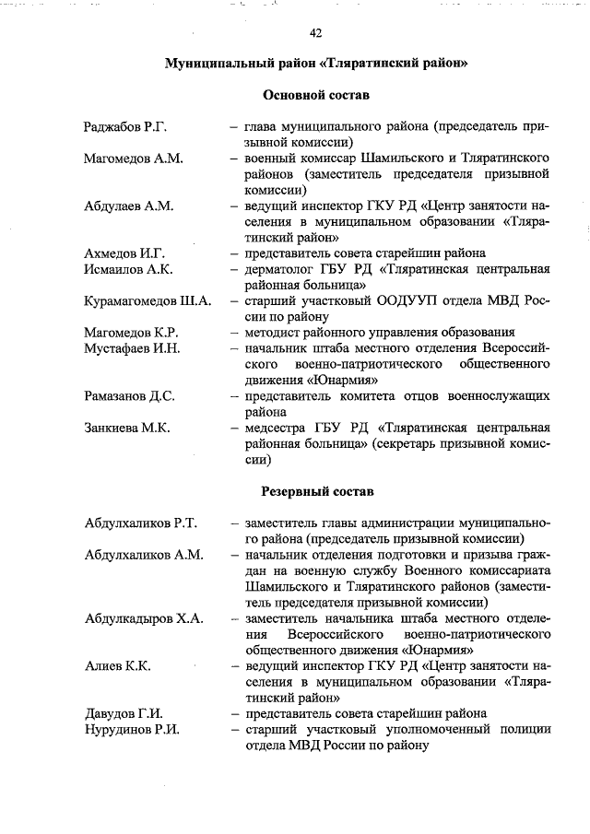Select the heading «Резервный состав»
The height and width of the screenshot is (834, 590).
coord(316,492)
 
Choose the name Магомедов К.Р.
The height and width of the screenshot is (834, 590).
coord(131,332)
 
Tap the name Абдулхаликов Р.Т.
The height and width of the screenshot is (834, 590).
coord(141,523)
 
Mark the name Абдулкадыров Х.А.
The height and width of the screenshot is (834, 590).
coord(143,617)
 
